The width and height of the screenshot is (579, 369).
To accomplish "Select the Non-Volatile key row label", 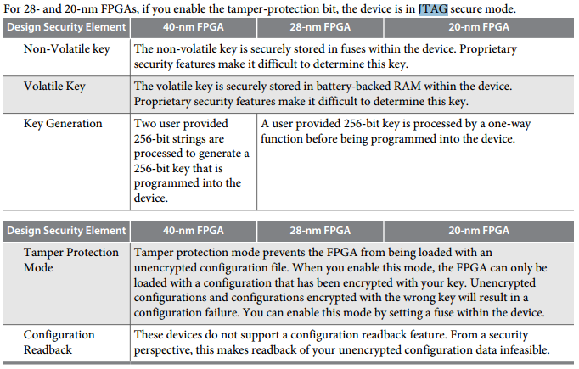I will coord(66,49).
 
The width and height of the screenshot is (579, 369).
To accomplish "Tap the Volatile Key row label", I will coord(54,87).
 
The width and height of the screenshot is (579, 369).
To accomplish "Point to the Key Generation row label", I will coord(63,124).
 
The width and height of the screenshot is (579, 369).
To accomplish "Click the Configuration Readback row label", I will coord(59,343).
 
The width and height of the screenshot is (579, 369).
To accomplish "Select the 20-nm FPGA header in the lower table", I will coord(479,231).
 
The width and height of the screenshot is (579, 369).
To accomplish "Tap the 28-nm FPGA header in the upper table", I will coord(320,27).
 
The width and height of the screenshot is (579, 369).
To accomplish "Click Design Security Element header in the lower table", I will coord(67,231).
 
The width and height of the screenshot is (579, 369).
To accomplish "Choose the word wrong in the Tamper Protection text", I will coord(380,298).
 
